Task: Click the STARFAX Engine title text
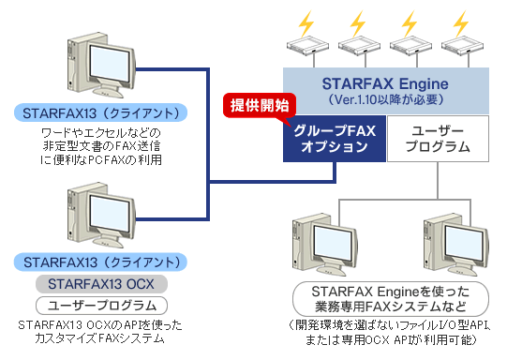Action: pyautogui.click(x=385, y=81)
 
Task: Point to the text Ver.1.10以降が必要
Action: pyautogui.click(x=385, y=98)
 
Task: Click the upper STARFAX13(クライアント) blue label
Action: pyautogui.click(x=101, y=112)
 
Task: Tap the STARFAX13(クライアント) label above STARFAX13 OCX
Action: pyautogui.click(x=101, y=261)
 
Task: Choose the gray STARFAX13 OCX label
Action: pyautogui.click(x=101, y=282)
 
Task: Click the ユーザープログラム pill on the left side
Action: pyautogui.click(x=101, y=305)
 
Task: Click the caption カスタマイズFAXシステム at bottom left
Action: pyautogui.click(x=101, y=337)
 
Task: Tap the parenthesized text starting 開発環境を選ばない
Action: pyautogui.click(x=388, y=330)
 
